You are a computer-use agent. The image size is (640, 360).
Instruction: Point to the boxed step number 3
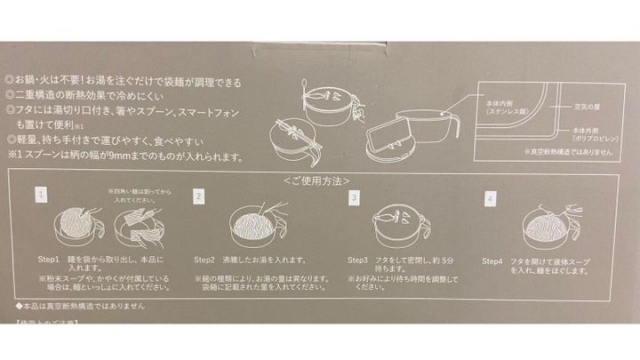(x=355, y=196)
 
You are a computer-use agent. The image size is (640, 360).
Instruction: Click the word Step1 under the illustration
(x=49, y=260)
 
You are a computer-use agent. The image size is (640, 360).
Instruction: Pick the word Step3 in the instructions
(x=359, y=261)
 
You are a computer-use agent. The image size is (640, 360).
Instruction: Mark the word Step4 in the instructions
(x=493, y=261)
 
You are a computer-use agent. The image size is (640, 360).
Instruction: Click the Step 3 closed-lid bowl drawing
(x=396, y=227)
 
